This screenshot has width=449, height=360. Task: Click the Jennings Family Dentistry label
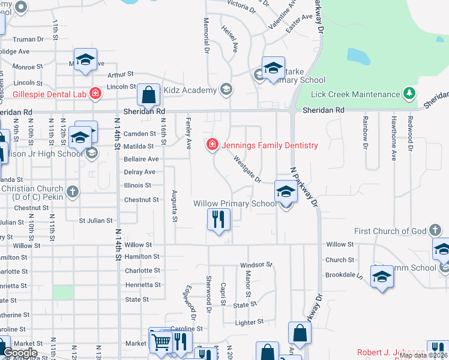pyautogui.click(x=270, y=145)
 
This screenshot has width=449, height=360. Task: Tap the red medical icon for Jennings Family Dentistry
pyautogui.click(x=212, y=145)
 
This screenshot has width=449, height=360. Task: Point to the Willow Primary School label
pyautogui.click(x=235, y=204)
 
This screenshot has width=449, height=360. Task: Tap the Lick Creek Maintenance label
pyautogui.click(x=356, y=94)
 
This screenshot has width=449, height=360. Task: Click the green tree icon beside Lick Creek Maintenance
pyautogui.click(x=409, y=94)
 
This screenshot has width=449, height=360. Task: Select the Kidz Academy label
pyautogui.click(x=191, y=91)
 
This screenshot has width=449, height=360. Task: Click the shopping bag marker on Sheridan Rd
pyautogui.click(x=148, y=95)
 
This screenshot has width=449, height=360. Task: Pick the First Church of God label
pyautogui.click(x=390, y=231)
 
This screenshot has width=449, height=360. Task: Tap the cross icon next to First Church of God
pyautogui.click(x=435, y=230)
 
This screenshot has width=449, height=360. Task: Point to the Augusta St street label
pyautogui.click(x=174, y=206)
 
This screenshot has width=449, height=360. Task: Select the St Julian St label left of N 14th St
pyautogui.click(x=97, y=221)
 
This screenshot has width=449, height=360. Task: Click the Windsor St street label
pyautogui.click(x=256, y=265)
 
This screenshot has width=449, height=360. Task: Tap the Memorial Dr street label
pyautogui.click(x=206, y=36)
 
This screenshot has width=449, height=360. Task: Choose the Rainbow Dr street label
pyautogui.click(x=364, y=131)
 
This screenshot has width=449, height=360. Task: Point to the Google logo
pyautogui.click(x=20, y=353)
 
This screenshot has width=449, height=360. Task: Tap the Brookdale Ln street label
pyautogui.click(x=344, y=274)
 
